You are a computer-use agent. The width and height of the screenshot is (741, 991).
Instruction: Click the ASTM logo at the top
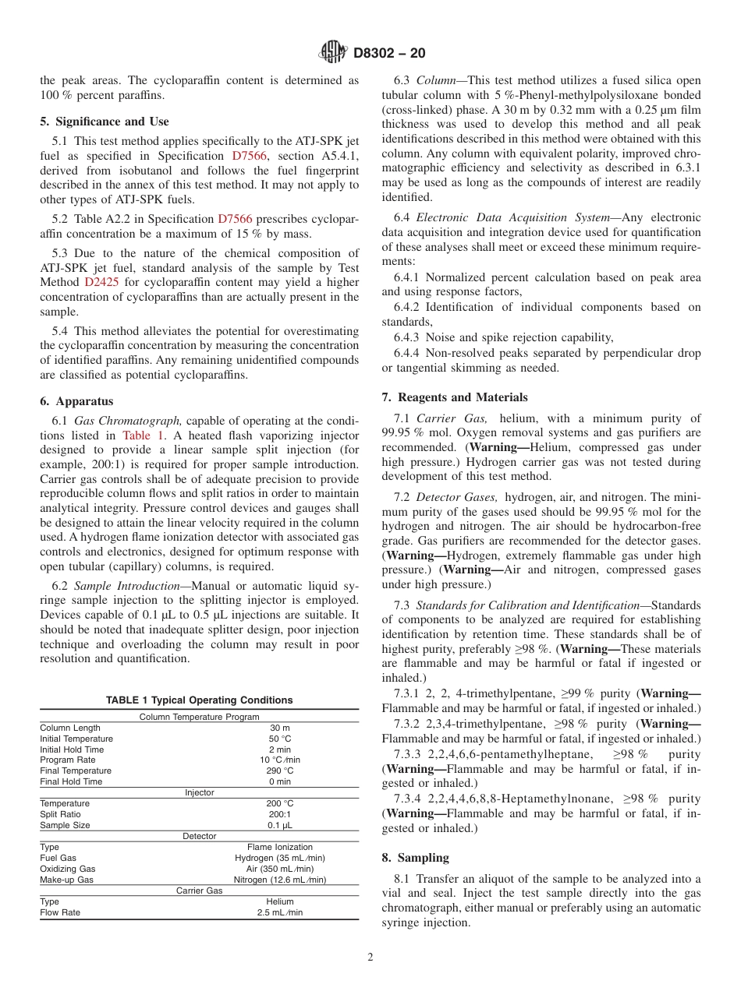(x=334, y=53)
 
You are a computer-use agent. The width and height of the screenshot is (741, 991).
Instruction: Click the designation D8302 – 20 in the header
(x=389, y=54)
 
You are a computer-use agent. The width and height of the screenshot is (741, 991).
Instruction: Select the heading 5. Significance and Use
(x=104, y=122)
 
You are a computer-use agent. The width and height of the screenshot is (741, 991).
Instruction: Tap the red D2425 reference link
(x=101, y=282)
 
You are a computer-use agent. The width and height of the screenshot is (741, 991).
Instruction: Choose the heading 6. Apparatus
(x=76, y=401)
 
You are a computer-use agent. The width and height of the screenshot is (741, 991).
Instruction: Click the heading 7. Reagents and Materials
(x=454, y=397)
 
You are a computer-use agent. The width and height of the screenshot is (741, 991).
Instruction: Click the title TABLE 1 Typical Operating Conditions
(x=199, y=700)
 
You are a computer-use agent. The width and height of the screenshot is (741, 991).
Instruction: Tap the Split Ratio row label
(x=60, y=814)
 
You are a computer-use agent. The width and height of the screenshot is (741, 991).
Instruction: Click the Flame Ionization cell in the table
(x=279, y=847)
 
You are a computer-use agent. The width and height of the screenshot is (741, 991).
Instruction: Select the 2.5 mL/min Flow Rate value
(x=279, y=912)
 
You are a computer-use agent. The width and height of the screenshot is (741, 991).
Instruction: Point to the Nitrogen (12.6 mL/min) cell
(x=279, y=880)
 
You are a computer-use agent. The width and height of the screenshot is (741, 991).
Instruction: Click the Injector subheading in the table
(x=199, y=792)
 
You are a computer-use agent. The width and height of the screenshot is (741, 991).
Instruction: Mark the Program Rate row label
(x=68, y=760)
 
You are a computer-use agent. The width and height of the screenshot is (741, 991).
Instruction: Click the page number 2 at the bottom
(x=370, y=957)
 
